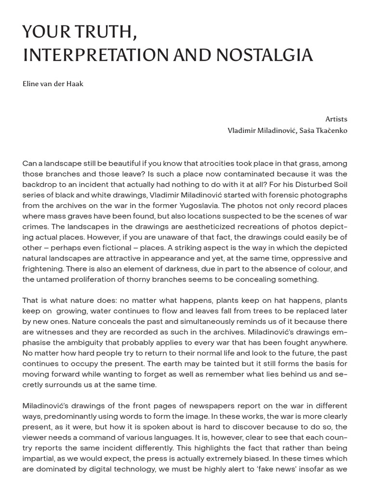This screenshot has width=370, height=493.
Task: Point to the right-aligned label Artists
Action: [x=336, y=119]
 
